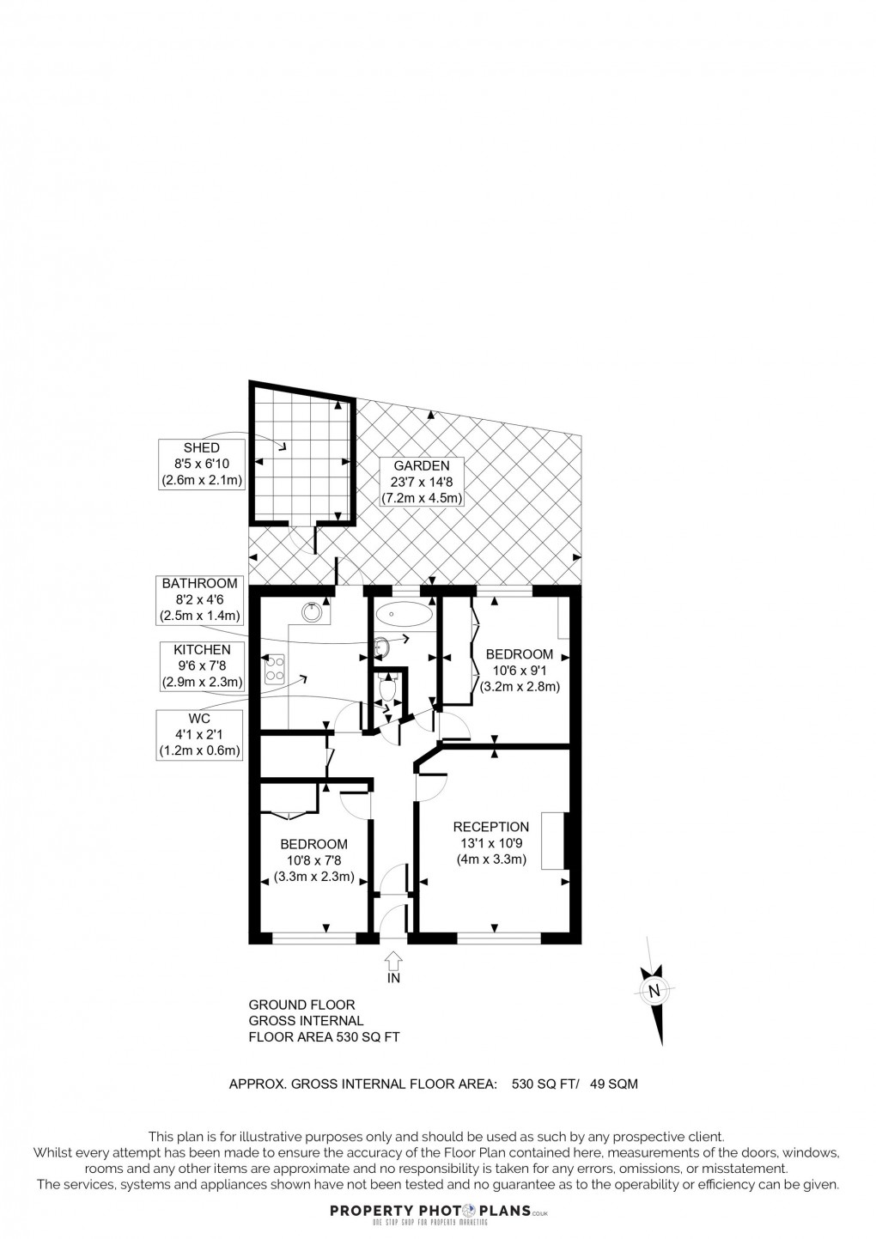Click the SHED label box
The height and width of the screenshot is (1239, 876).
[x=202, y=464]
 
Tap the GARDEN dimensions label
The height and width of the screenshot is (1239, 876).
[x=423, y=482]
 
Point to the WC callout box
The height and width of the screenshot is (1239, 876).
[x=201, y=734]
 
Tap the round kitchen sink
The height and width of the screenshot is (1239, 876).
[x=312, y=611]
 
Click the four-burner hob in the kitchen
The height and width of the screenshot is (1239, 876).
[x=276, y=668]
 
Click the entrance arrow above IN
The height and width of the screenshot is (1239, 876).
[x=394, y=958]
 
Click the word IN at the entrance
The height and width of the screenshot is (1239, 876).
[x=394, y=977]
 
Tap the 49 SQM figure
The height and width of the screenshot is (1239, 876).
[x=613, y=1084]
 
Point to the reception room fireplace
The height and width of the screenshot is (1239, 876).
[x=567, y=841]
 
